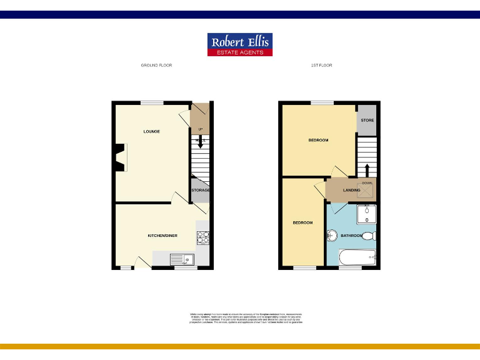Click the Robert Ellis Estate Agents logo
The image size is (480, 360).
pyautogui.click(x=240, y=44)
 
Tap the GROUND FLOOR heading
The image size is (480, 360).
pyautogui.click(x=156, y=65)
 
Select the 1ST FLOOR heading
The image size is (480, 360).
pyautogui.click(x=321, y=65)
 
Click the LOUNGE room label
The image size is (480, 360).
pyautogui.click(x=151, y=131)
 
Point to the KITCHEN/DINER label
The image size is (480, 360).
pyautogui.click(x=162, y=236)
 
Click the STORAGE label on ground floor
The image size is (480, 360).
pyautogui.click(x=200, y=190)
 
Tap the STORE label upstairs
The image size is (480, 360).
pyautogui.click(x=367, y=120)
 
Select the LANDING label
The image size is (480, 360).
pyautogui.click(x=351, y=190)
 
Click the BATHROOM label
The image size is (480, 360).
pyautogui.click(x=351, y=236)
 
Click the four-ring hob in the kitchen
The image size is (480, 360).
pyautogui.click(x=204, y=237)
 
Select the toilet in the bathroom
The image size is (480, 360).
pyautogui.click(x=369, y=236)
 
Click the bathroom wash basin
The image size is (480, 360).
pyautogui.click(x=332, y=236)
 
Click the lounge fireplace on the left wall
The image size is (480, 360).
pyautogui.click(x=119, y=157)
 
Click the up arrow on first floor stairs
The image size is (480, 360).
pyautogui.click(x=367, y=169)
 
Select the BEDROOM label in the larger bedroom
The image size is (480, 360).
pyautogui.click(x=318, y=140)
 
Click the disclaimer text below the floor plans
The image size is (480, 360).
pyautogui.click(x=246, y=317)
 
